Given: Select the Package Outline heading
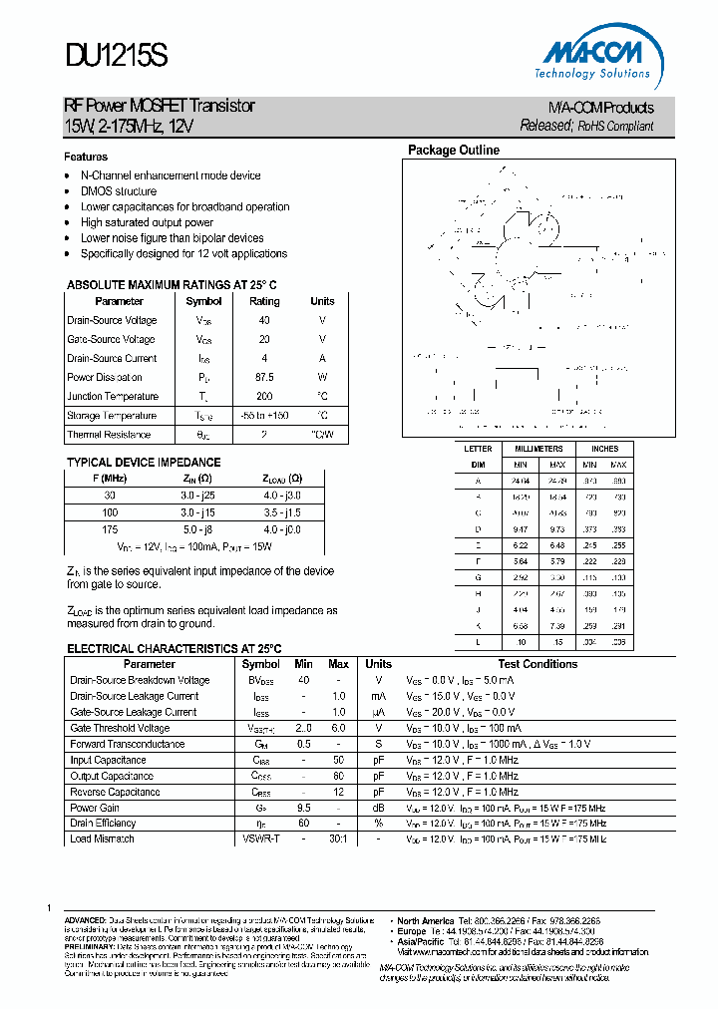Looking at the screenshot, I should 453,151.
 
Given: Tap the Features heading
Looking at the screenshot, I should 86,157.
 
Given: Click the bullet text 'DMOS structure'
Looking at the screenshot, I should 119,191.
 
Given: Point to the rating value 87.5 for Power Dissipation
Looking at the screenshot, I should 264,378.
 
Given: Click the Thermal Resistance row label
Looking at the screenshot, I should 109,435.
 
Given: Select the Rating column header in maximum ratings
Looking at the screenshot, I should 264,301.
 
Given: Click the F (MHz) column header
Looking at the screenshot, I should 110,478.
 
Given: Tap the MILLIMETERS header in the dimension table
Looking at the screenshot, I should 538,449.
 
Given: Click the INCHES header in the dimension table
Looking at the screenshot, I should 604,449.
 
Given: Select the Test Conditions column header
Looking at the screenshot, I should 538,664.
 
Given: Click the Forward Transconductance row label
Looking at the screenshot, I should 128,744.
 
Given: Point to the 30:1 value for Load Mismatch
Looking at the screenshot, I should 338,839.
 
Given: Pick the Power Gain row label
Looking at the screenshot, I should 95,808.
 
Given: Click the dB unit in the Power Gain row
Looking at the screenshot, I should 378,808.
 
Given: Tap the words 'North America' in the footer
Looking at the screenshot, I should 426,920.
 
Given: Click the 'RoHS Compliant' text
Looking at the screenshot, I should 615,127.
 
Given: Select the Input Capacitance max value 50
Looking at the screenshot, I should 338,760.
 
